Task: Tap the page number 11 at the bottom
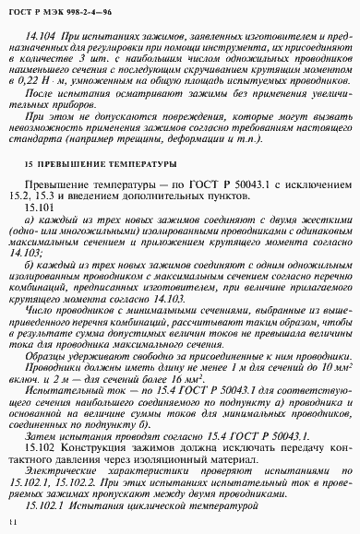coord(12,522)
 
